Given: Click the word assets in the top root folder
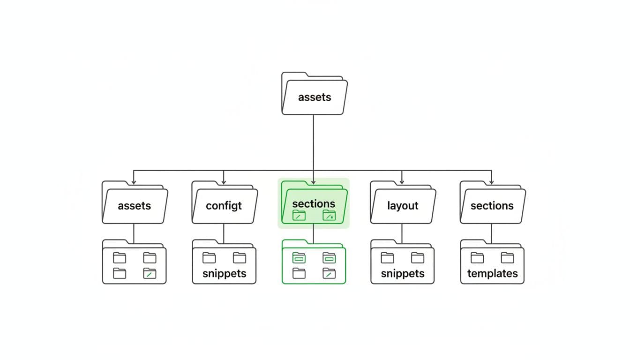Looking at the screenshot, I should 315,97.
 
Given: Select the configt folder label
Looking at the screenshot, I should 224,206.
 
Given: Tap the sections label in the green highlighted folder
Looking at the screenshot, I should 314,203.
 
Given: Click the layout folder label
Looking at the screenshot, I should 403,206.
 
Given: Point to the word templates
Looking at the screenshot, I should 492,274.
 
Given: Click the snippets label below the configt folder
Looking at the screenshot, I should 224,274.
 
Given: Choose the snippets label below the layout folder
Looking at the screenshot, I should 403,274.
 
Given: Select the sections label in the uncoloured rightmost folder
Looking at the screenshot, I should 492,206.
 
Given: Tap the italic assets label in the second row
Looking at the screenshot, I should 135,206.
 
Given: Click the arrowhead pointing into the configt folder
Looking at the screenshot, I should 224,181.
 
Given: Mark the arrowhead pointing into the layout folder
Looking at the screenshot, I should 402,181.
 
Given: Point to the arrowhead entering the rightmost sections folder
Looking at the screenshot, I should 491,181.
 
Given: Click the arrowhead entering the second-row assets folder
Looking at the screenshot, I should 134,181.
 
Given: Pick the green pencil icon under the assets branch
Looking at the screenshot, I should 150,273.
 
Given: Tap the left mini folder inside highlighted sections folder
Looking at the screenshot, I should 299,215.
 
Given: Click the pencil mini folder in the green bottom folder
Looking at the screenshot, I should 329,273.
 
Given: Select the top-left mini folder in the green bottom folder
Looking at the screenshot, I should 299,257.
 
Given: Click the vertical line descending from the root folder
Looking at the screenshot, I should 313,141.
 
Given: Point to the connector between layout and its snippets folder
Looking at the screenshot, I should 402,233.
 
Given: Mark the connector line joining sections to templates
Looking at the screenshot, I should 491,233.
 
